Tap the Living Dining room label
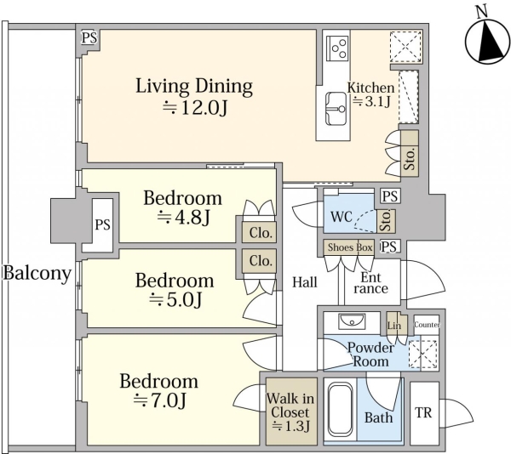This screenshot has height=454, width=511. click(194, 86)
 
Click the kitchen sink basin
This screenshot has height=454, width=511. click(336, 109)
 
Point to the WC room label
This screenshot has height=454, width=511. click(342, 217)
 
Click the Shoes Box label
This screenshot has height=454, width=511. click(350, 247)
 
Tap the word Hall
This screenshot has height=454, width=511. click(305, 282)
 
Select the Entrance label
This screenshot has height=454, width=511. click(370, 283)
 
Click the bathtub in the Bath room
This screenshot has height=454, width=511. click(340, 411)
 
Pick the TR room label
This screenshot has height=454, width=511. click(423, 412)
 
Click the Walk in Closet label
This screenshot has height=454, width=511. click(290, 406)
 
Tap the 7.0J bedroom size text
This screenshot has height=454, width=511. click(160, 400)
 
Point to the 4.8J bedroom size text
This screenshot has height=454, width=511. click(183, 218)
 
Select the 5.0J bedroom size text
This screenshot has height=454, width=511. click(175, 300)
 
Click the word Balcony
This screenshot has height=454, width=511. click(37, 273)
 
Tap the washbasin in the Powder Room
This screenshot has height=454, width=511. click(353, 321)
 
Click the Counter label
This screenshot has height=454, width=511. click(427, 325)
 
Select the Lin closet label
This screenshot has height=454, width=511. click(394, 326)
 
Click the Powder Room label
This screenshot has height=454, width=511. click(370, 355)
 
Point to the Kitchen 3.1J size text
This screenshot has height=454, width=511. click(372, 102)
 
